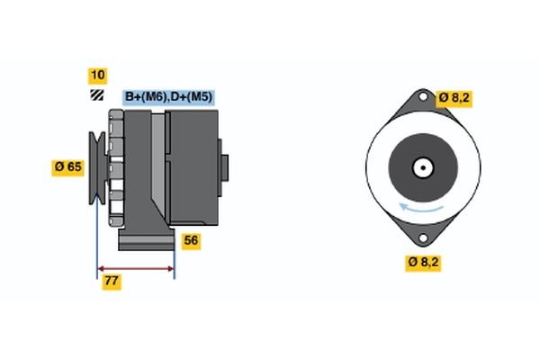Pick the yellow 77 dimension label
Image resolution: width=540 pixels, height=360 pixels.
[x=112, y=281]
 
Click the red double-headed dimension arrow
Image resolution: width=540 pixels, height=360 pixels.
[x=136, y=268]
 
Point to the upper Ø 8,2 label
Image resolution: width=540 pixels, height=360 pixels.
[x=454, y=97]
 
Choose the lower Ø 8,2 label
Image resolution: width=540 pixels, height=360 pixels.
[x=423, y=262]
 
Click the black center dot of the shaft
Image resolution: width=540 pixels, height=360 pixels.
[x=420, y=168]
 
